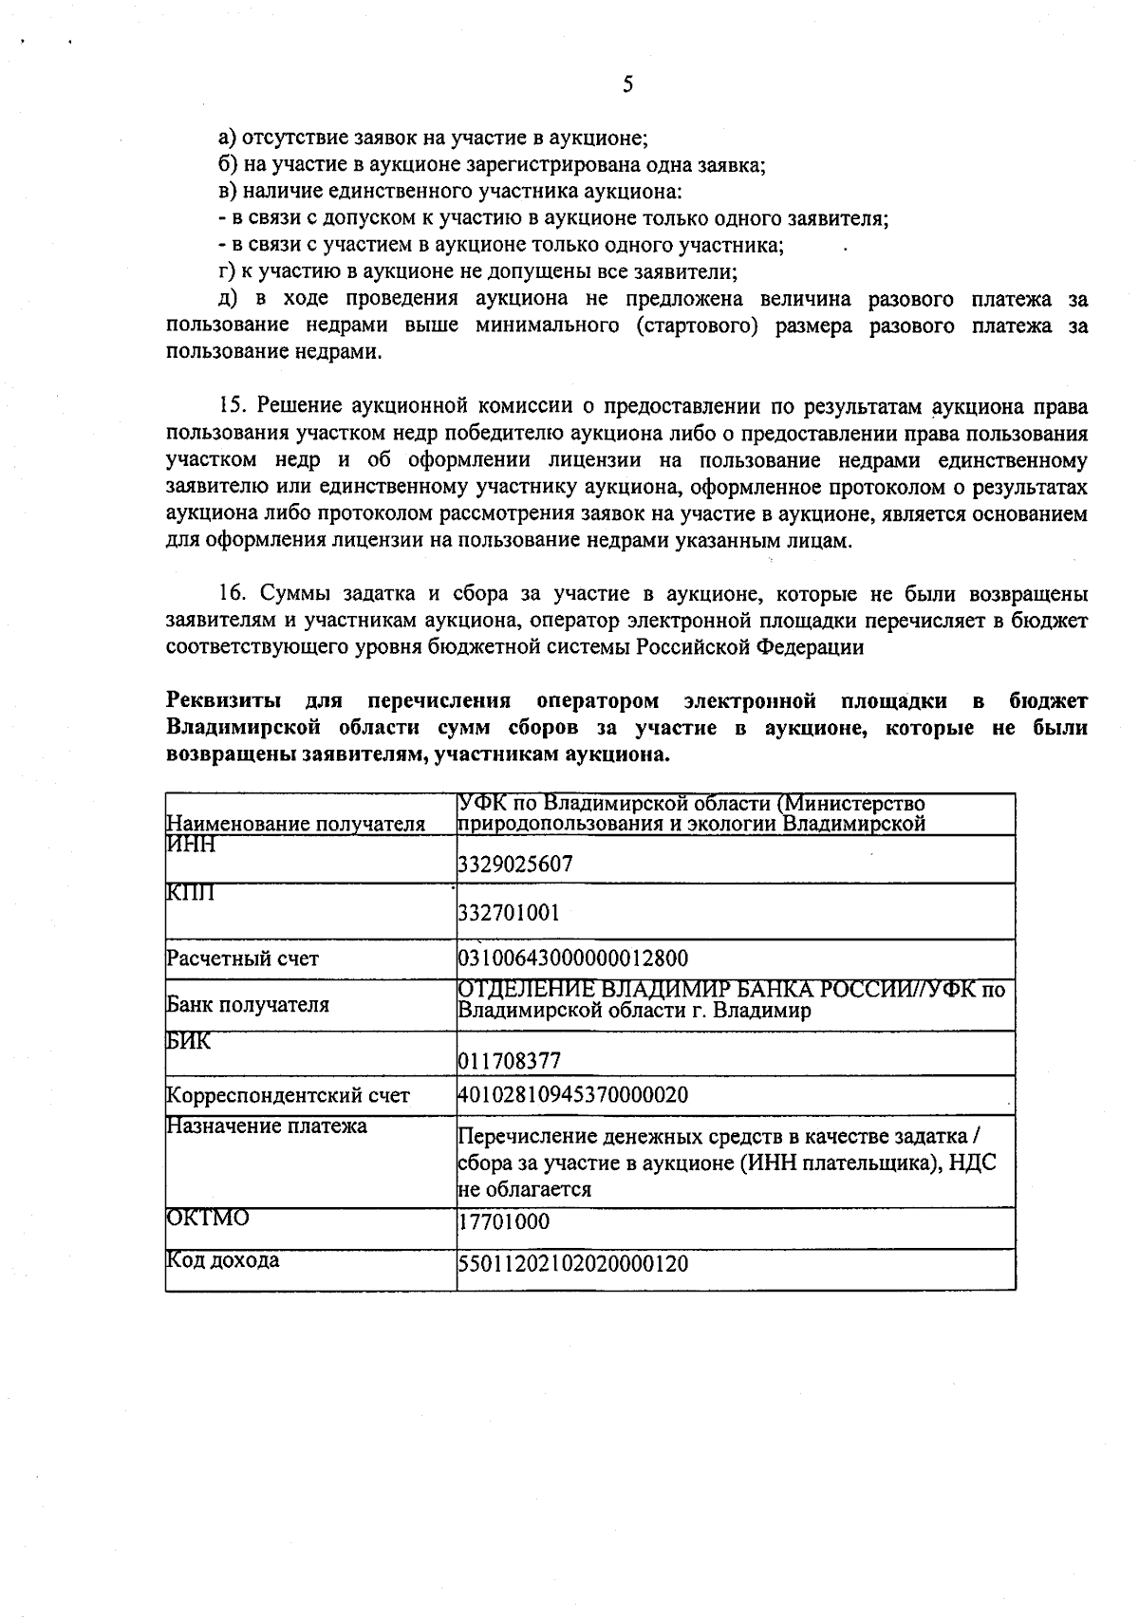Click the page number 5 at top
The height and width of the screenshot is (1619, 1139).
[627, 84]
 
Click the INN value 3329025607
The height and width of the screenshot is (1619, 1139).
[515, 864]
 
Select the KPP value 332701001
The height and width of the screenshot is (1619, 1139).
[509, 913]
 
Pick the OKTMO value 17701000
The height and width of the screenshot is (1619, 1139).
[504, 1221]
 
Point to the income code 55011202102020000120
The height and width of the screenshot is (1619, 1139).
[573, 1263]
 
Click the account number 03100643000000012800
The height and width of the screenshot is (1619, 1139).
[573, 958]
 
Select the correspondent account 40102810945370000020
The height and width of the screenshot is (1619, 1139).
[573, 1094]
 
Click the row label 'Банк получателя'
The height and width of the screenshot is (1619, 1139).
[248, 1005]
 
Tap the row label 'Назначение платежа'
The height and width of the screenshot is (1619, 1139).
[267, 1126]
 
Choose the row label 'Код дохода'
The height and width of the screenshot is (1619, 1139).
[223, 1260]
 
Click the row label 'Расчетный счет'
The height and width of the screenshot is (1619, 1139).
[243, 958]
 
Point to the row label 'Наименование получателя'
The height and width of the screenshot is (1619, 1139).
[295, 824]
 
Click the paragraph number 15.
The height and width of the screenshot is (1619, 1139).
[233, 408]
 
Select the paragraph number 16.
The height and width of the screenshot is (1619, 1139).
[233, 595]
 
